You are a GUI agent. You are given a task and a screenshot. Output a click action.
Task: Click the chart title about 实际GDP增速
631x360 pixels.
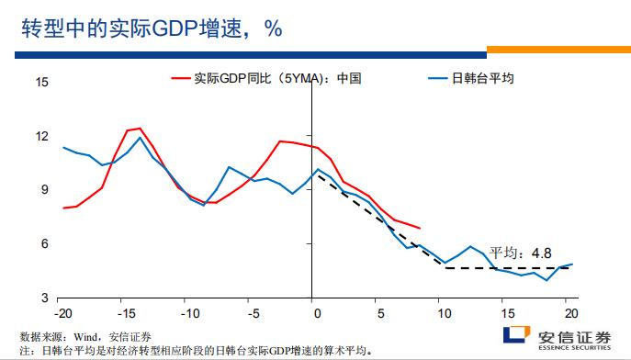tap(152, 28)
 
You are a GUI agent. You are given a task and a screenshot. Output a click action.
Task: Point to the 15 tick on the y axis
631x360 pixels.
tap(41, 83)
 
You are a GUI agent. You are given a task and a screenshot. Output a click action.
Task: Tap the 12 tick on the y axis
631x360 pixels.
tap(41, 137)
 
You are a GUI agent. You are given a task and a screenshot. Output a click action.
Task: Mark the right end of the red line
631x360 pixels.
tap(420, 228)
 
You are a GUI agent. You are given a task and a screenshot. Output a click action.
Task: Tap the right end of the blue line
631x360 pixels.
tap(572, 264)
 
